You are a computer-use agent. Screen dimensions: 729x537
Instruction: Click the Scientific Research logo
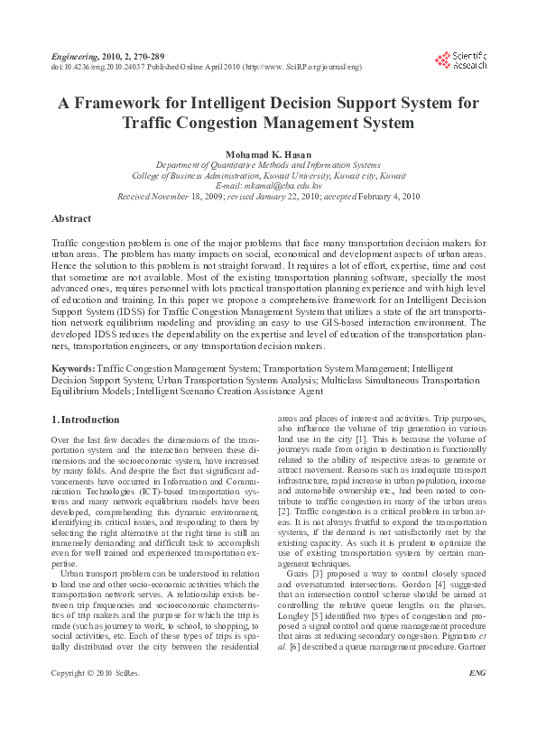coord(460,61)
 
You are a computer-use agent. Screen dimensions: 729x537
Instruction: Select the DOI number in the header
coord(89,68)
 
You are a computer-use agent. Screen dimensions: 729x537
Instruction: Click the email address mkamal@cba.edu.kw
coord(268,185)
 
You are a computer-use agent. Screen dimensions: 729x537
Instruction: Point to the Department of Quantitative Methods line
coord(268,165)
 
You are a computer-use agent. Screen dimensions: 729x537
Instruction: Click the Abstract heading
coord(71,219)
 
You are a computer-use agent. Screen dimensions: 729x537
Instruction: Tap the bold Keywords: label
coord(72,369)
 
